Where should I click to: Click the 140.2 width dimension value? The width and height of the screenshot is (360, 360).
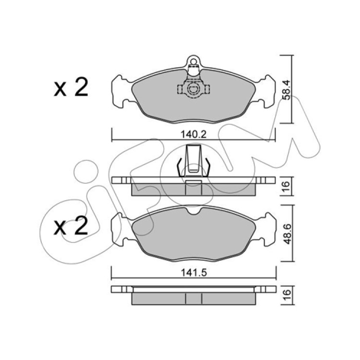click(x=194, y=134)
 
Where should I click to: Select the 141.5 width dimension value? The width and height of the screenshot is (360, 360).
click(x=194, y=273)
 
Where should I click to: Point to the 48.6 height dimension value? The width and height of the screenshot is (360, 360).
click(x=287, y=234)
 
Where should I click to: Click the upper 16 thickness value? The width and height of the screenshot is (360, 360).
click(x=286, y=186)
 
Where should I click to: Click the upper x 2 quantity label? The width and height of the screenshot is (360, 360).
click(x=71, y=87)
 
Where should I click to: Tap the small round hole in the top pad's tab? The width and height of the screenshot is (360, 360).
click(x=193, y=61)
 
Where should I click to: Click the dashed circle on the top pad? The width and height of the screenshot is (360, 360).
click(x=193, y=89)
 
